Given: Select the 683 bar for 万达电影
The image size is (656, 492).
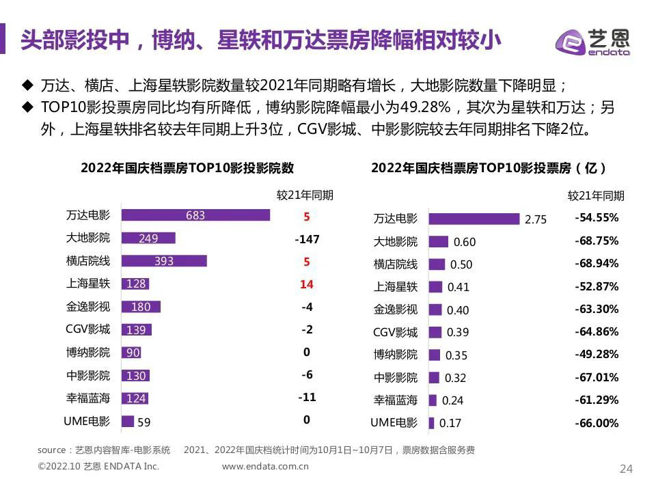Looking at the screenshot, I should coord(195,215).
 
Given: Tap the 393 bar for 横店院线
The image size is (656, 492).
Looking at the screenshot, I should coord(164,260).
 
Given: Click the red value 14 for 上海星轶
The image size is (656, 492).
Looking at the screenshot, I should coord(307,284).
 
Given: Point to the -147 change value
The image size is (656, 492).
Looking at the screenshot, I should coord(307,239).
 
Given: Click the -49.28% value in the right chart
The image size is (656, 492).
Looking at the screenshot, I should coord(597,354).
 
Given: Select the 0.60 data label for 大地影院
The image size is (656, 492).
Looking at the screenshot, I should coord(465,242).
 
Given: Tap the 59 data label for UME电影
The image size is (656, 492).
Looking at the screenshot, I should coord(143,422).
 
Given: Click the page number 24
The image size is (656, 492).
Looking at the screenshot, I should coord(626,468).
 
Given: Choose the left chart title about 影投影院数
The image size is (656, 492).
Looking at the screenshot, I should coord(187,168).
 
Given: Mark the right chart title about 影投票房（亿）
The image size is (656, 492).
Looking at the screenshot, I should coord(490,168).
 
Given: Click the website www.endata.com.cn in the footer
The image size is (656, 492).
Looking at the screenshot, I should coord(266,467).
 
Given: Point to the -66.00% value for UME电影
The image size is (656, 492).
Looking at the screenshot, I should coord(597,423).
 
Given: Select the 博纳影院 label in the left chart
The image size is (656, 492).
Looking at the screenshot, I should coord(87,353).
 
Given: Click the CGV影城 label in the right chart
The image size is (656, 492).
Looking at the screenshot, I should coord(395,333).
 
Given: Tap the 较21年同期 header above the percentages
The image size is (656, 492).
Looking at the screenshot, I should coord(596,195).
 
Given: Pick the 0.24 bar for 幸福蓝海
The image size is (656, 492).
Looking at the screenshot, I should coord(432,400).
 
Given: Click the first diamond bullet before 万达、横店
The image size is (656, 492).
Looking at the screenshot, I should coord(27,85).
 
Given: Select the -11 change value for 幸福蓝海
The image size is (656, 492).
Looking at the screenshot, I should coord(307,397).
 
